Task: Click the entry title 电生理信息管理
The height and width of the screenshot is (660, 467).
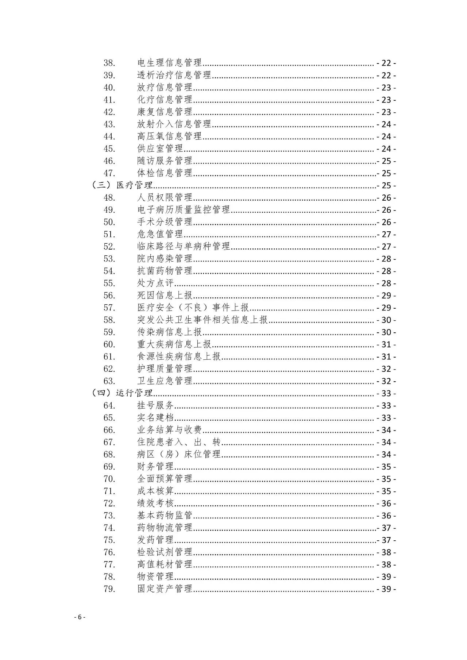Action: coord(169,63)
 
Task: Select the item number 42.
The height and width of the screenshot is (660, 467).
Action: coord(109,112)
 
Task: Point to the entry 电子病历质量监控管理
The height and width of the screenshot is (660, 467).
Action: coord(184,210)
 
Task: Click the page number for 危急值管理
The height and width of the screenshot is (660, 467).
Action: coord(386,234)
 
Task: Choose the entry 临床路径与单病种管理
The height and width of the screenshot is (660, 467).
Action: coord(184,247)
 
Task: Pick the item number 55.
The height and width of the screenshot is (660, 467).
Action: coord(109,283)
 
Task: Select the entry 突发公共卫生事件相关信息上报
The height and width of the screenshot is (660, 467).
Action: coord(202,320)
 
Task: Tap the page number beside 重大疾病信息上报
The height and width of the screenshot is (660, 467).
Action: coord(386,344)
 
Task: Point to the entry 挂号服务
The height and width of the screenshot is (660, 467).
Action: coord(155,406)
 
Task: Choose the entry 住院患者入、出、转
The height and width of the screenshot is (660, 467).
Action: coord(179,442)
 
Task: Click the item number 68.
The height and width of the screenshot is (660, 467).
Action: coord(109,455)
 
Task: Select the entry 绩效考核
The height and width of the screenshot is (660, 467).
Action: coord(155,503)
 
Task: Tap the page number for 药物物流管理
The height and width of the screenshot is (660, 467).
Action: coord(386,528)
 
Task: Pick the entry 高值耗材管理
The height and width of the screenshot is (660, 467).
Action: coord(165,565)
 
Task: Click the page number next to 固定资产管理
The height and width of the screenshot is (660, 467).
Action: coord(386,589)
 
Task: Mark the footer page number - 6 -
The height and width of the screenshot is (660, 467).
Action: coord(80,617)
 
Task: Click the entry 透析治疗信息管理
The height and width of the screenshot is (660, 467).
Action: coord(174,75)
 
